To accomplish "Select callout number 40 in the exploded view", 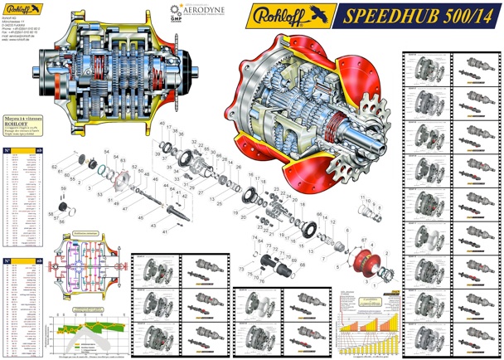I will point(162,123).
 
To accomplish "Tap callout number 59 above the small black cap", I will point(63,188).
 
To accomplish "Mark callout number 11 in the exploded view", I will point(362,197).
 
